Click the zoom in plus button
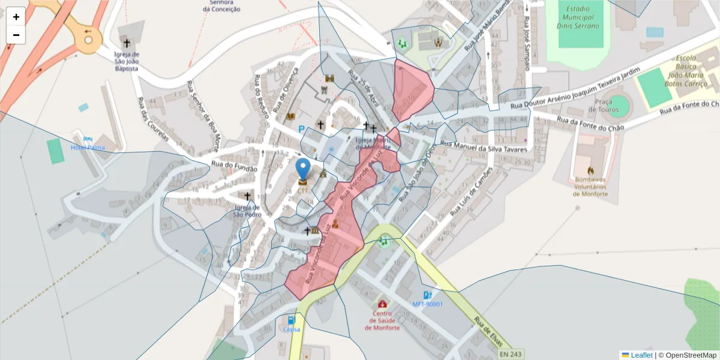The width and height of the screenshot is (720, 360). click(x=16, y=17)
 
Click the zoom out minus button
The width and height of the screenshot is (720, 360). click(x=16, y=35)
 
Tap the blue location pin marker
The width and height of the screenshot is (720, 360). click(x=303, y=168)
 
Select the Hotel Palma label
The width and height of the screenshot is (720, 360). click(x=88, y=148)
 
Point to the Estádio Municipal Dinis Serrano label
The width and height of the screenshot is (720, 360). click(x=578, y=17)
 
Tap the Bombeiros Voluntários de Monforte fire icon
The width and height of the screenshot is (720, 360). click(x=590, y=170)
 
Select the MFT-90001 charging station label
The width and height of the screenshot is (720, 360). click(x=427, y=304)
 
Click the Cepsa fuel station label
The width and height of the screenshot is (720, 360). click(x=292, y=329)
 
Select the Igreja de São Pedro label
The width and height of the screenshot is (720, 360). click(x=247, y=211)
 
